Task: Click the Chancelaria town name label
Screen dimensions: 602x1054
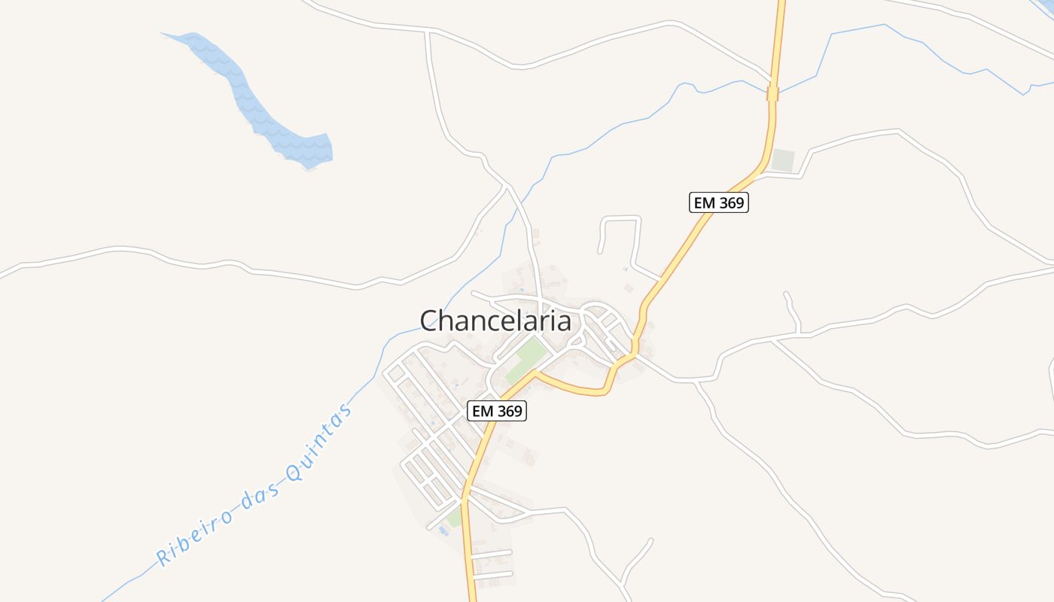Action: [x=495, y=321]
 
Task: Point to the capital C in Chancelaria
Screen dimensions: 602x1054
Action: [x=430, y=321]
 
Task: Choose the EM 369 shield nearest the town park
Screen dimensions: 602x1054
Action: [x=497, y=411]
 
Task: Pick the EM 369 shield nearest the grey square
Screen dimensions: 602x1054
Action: [x=719, y=202]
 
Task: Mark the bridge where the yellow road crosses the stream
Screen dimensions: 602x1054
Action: [x=772, y=93]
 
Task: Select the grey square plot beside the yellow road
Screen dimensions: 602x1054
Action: [x=783, y=161]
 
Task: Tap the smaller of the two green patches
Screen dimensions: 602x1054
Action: [x=454, y=518]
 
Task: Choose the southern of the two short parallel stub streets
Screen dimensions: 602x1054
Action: [x=493, y=576]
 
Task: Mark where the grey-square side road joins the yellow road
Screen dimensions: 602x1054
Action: [x=763, y=174]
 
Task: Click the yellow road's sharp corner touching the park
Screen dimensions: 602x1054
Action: [x=537, y=372]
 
